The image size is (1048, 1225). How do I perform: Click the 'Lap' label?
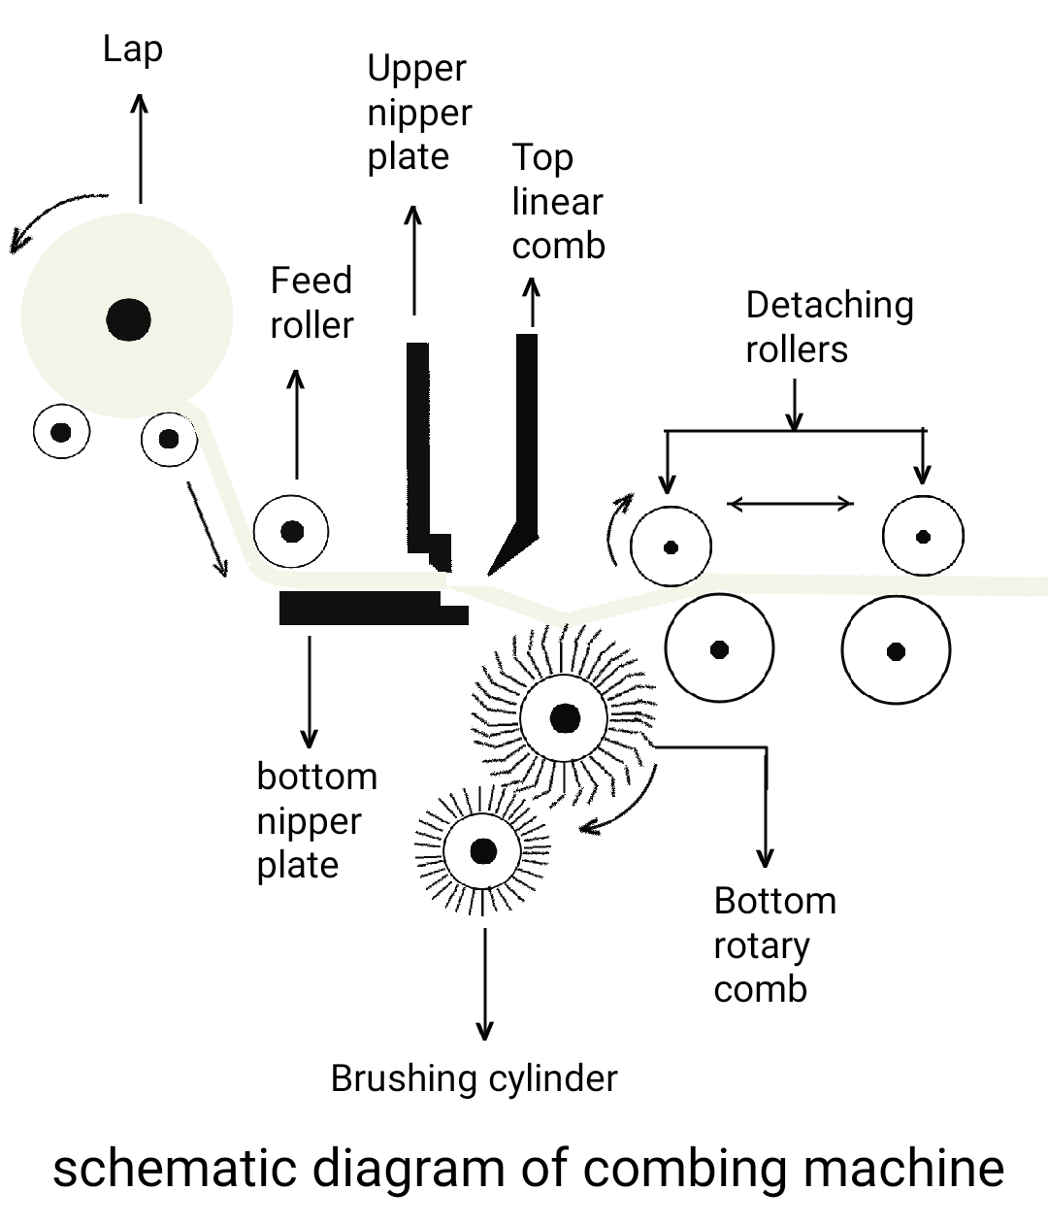133,50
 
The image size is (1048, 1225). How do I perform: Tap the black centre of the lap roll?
129,319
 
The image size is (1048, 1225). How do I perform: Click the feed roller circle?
291,531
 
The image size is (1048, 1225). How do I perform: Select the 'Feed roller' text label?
311,303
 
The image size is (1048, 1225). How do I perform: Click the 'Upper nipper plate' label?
418,113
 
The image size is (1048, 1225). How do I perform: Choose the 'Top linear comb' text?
558,202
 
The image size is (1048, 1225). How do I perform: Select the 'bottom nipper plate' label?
316,820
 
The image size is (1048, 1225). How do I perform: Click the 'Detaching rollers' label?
829,327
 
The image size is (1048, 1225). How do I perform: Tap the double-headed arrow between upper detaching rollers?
790,503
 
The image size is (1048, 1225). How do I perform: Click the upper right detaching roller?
923,536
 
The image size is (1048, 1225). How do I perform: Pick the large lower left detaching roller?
719,648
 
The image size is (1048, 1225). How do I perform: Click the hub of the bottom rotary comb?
564,719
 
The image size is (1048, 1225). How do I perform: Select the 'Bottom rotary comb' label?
773,944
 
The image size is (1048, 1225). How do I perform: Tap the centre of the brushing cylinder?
482,851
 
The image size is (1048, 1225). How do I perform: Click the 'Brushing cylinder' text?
474,1078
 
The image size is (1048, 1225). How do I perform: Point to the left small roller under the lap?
61,432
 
